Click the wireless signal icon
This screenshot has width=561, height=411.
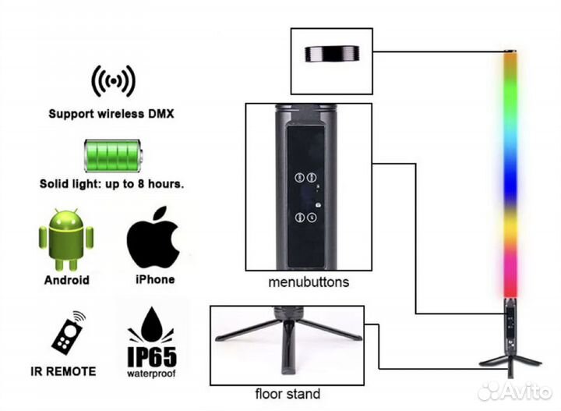(x=114, y=81)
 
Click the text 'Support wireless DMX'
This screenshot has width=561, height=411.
(x=111, y=113)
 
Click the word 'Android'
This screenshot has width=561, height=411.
(x=65, y=279)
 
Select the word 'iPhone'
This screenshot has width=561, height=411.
(x=154, y=279)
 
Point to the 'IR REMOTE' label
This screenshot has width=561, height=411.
(x=63, y=372)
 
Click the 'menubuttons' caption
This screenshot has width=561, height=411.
(x=309, y=282)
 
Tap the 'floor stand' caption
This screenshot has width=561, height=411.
(x=288, y=393)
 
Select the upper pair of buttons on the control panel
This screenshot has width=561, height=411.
(x=305, y=176)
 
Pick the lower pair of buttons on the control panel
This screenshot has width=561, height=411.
(x=305, y=218)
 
